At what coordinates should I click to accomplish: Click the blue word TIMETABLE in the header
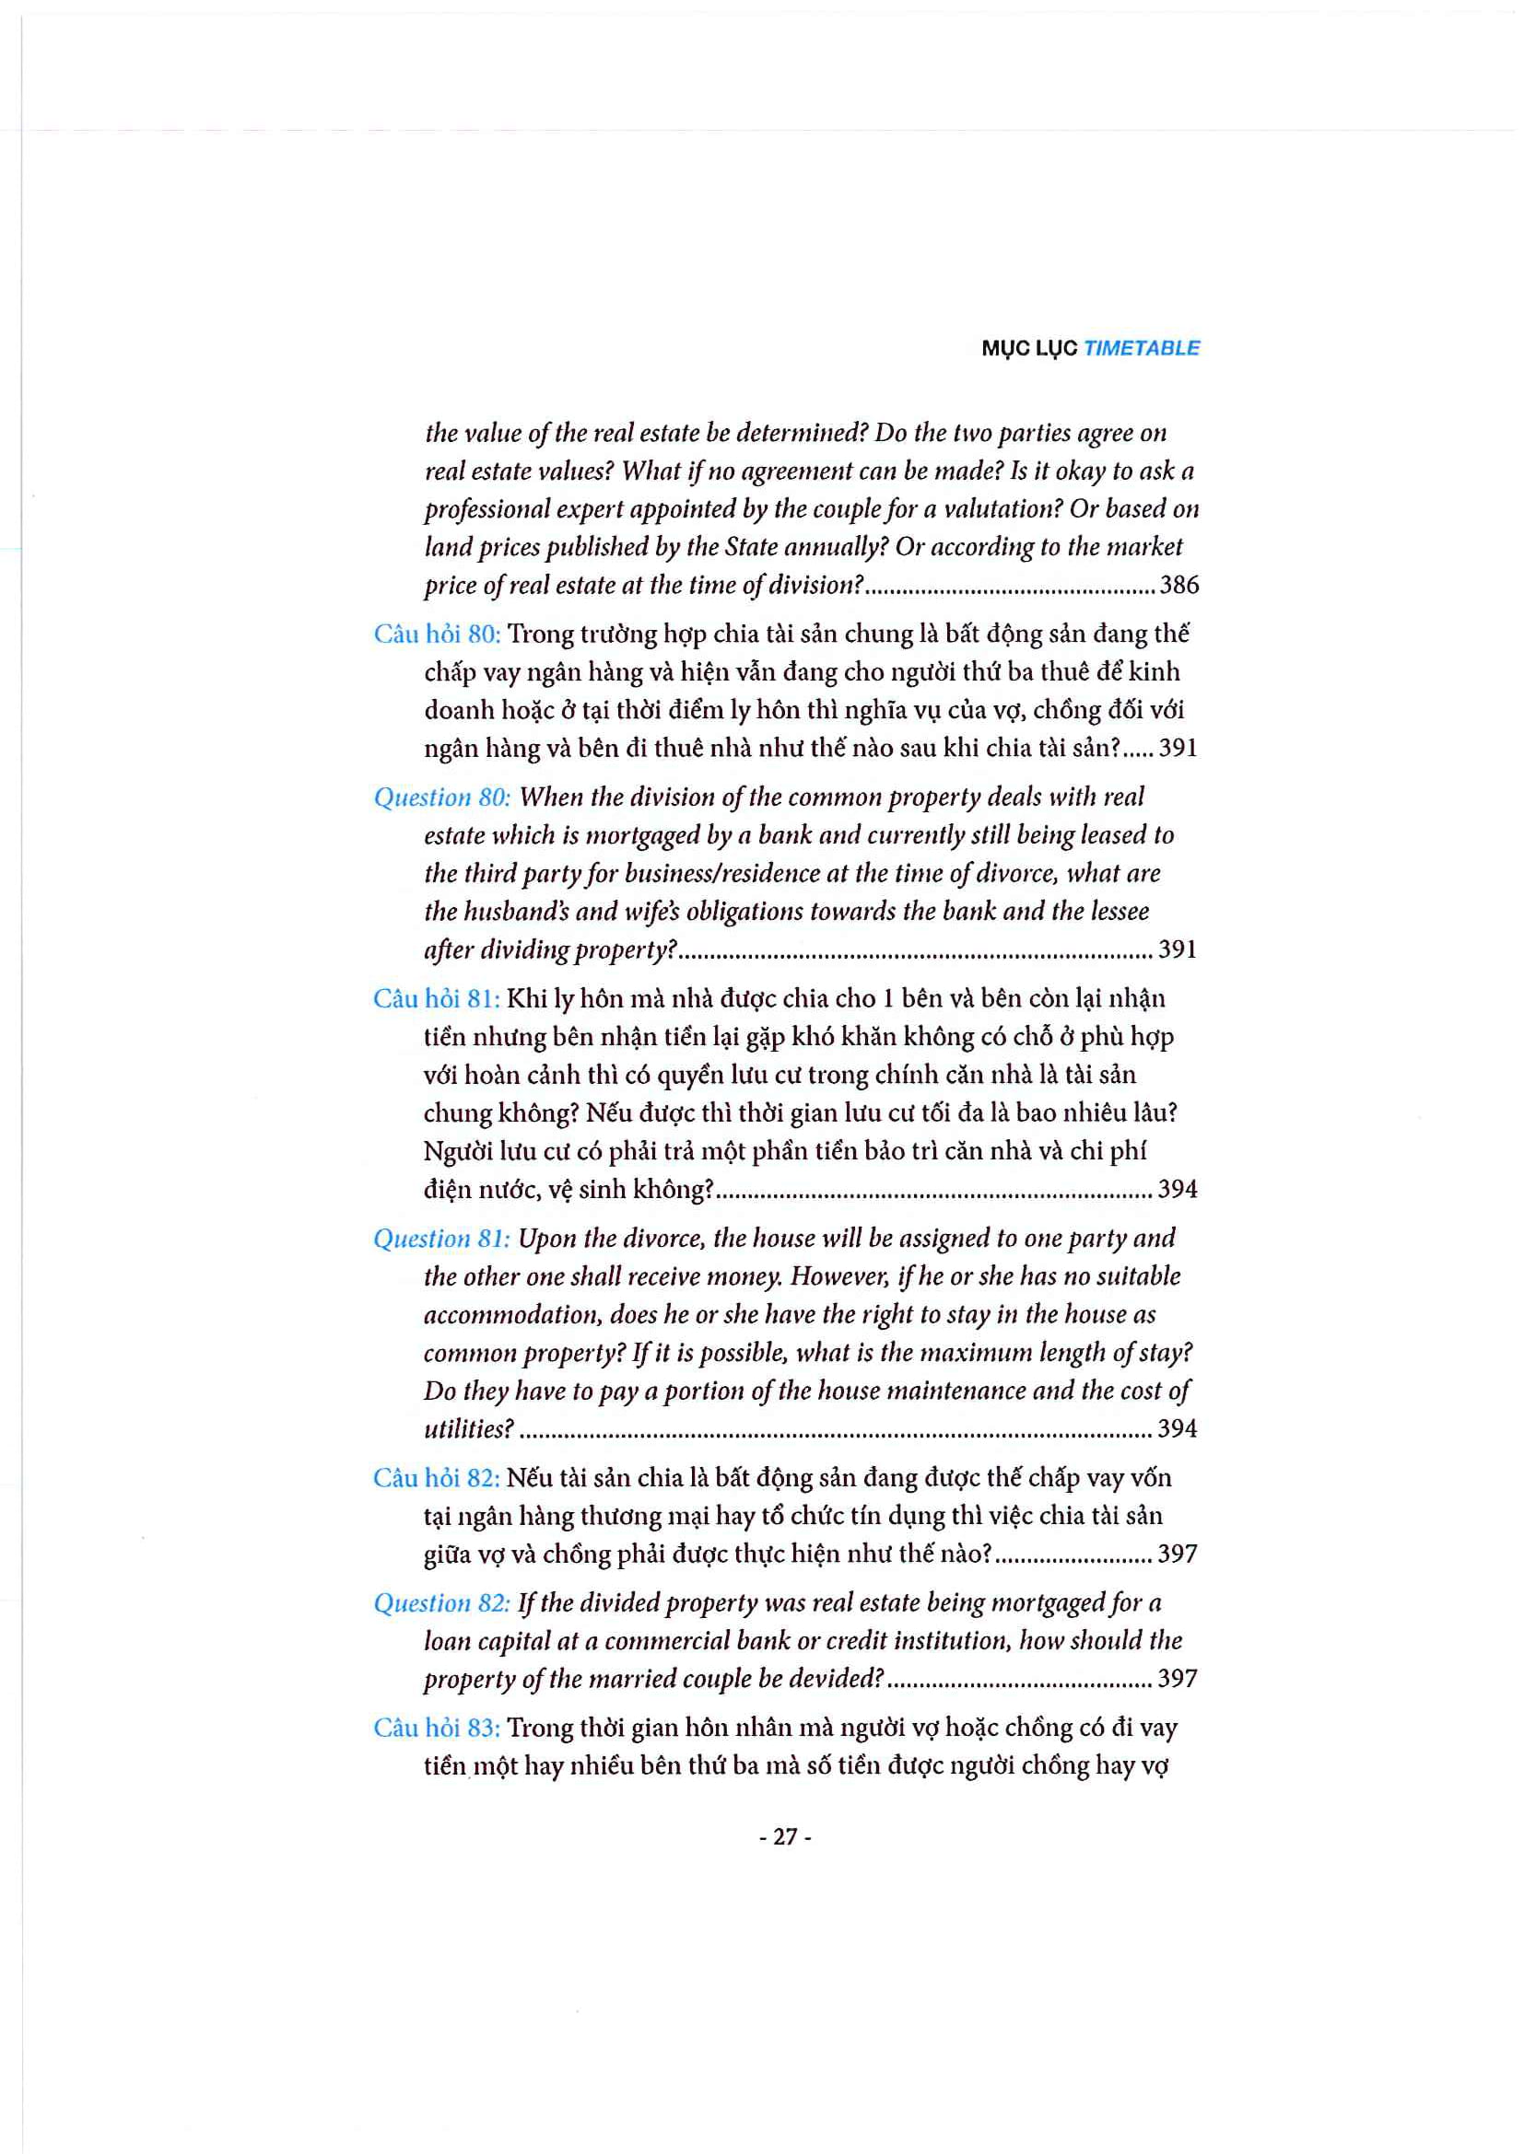[1141, 348]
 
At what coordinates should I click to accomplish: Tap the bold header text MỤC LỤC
[1029, 348]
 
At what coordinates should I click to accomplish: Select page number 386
[1178, 586]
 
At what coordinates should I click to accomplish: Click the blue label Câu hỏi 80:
[437, 635]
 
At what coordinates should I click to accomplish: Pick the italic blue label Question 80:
[442, 798]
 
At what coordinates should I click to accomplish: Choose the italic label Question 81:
[441, 1239]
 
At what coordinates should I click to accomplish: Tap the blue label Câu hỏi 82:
[437, 1477]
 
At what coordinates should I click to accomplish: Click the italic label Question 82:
[441, 1603]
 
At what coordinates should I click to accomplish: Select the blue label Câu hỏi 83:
[437, 1728]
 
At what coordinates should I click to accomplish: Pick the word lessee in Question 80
[1117, 911]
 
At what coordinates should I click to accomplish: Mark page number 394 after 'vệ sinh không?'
[1178, 1190]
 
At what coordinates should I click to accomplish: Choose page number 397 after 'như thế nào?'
[1178, 1554]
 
